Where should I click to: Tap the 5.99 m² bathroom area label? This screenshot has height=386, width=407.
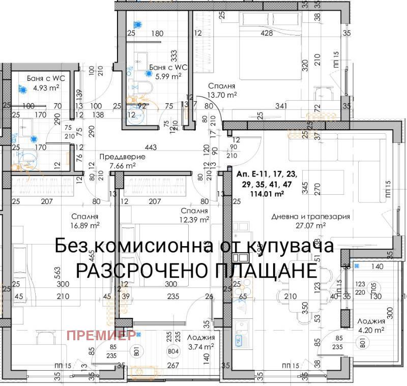(168, 76)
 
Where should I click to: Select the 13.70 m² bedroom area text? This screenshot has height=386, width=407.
(222, 94)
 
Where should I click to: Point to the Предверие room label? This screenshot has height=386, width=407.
(122, 157)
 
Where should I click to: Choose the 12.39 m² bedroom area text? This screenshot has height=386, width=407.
(194, 220)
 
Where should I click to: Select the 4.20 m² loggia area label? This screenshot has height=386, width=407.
(371, 331)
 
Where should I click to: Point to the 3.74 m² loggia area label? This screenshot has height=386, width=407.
(200, 346)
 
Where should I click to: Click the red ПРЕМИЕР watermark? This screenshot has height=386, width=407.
(101, 335)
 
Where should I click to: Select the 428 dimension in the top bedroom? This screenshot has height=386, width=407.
(267, 34)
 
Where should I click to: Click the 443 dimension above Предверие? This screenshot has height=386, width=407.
(151, 147)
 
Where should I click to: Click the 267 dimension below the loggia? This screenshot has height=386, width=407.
(173, 365)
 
